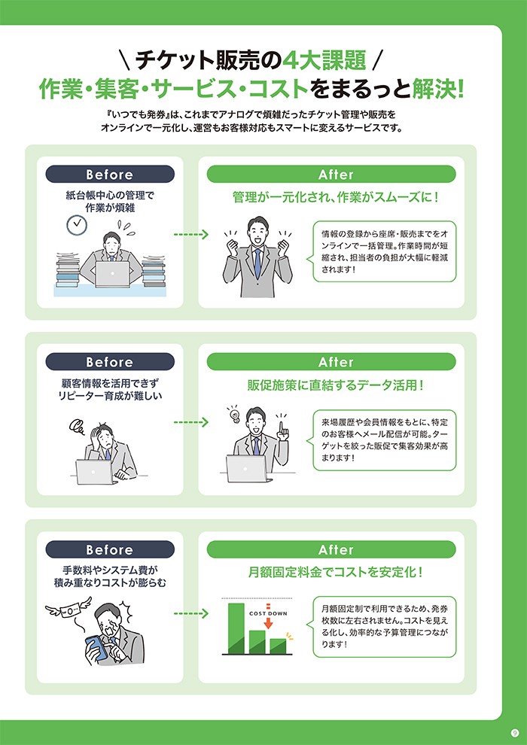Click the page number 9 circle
pyautogui.click(x=513, y=731)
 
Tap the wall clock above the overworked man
pyautogui.click(x=76, y=223)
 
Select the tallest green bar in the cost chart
pyautogui.click(x=236, y=628)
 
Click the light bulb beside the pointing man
pyautogui.click(x=233, y=415)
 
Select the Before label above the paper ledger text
pyautogui.click(x=109, y=175)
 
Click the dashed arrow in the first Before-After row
pyautogui.click(x=190, y=235)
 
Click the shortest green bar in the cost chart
pyautogui.click(x=278, y=646)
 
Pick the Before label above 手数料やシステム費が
pyautogui.click(x=109, y=549)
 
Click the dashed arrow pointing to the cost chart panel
pyautogui.click(x=190, y=613)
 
